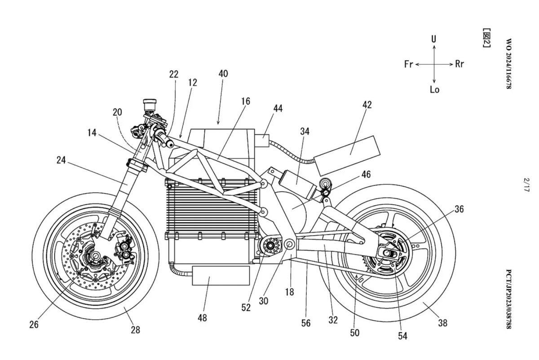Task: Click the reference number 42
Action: [x=367, y=105]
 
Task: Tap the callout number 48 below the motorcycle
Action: [x=202, y=318]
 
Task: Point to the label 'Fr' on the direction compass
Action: [x=409, y=64]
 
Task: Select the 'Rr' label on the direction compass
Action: [x=459, y=64]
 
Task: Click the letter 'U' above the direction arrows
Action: [x=433, y=39]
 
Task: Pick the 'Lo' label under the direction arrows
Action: [x=435, y=90]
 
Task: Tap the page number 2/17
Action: [x=526, y=184]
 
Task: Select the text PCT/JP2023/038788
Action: [x=508, y=299]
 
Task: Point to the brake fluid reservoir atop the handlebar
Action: [x=150, y=105]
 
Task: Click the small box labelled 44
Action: [x=262, y=140]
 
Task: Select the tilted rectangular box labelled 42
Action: [x=347, y=156]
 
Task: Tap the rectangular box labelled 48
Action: [x=221, y=276]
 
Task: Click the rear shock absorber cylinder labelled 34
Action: [x=297, y=183]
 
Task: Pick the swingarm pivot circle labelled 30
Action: [x=289, y=245]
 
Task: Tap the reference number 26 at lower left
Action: [x=34, y=325]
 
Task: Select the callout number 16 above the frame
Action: [x=246, y=101]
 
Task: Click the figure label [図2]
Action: [x=486, y=38]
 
